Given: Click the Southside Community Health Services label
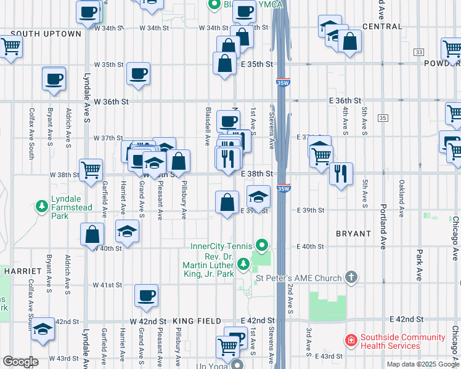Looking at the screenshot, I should pyautogui.click(x=402, y=341).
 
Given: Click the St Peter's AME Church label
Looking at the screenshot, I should pyautogui.click(x=298, y=278).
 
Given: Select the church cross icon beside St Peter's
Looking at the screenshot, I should pyautogui.click(x=352, y=277).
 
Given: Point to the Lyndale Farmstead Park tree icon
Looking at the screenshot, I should pyautogui.click(x=42, y=206).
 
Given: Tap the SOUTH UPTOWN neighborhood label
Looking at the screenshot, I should pyautogui.click(x=46, y=34).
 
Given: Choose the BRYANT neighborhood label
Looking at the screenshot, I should pyautogui.click(x=353, y=234).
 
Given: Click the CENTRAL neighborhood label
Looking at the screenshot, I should pyautogui.click(x=383, y=26).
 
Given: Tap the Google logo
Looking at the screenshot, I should pyautogui.click(x=21, y=361).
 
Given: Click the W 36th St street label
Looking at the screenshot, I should pyautogui.click(x=112, y=101).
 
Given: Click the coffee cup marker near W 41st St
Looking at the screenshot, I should pyautogui.click(x=147, y=296).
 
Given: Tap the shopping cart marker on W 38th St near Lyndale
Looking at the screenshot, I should pyautogui.click(x=91, y=169).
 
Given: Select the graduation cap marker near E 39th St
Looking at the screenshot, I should pyautogui.click(x=258, y=197).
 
